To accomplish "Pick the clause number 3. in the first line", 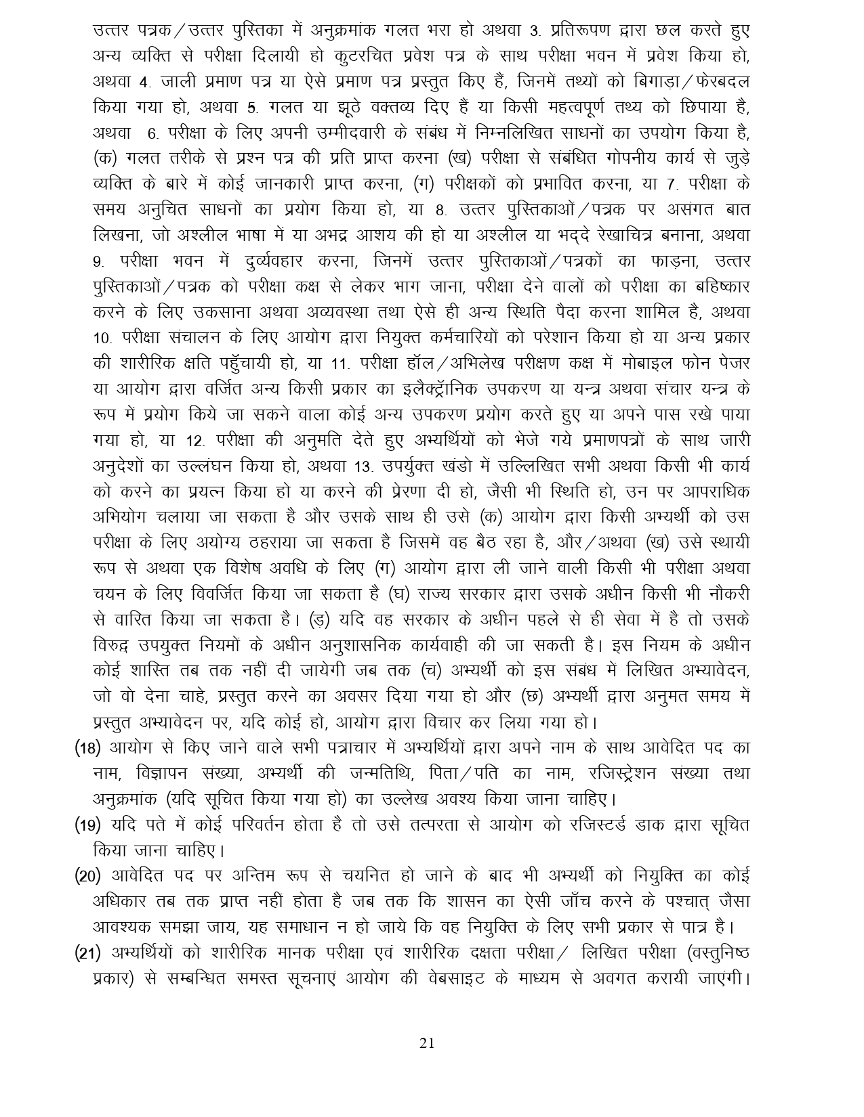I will pos(533,31).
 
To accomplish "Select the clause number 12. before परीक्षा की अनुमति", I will pos(194,441).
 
